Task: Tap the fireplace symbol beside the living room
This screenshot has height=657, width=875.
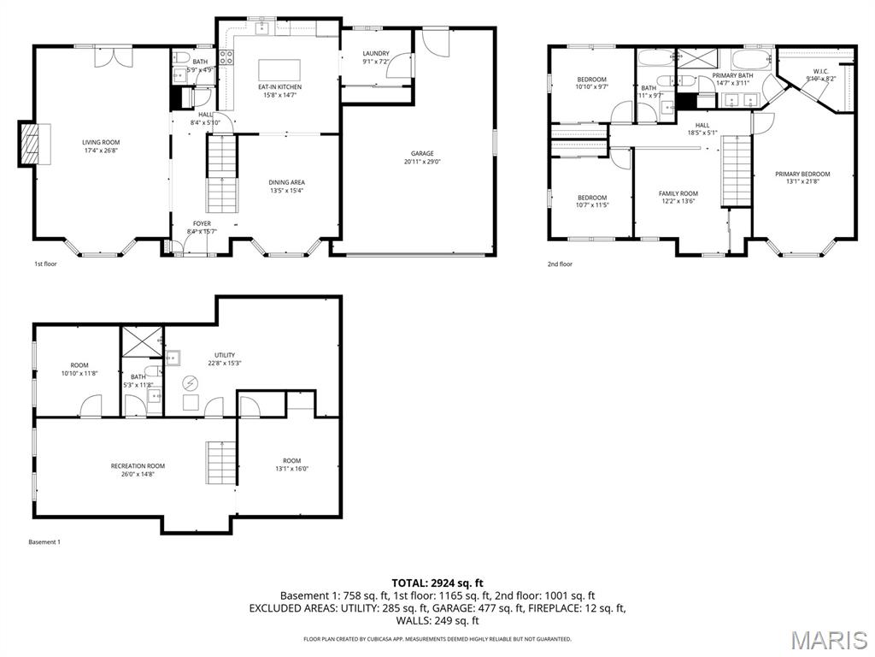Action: [30, 143]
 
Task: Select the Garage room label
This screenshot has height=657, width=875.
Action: [421, 154]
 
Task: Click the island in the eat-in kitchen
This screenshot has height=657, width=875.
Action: [280, 68]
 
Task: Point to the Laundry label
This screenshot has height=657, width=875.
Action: [376, 54]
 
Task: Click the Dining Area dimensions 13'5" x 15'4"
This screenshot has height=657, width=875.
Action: [286, 191]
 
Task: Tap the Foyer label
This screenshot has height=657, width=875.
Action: [202, 223]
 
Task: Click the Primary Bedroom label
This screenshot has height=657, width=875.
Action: [802, 175]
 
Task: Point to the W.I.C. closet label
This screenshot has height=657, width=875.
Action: [820, 71]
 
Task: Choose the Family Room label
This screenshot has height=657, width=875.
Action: [678, 193]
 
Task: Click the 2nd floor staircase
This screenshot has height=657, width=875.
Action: [737, 171]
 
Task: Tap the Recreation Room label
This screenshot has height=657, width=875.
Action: [138, 466]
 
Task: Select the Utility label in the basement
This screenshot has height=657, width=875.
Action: [225, 355]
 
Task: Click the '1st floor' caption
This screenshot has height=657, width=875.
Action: [45, 264]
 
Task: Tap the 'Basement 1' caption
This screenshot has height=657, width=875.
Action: [44, 542]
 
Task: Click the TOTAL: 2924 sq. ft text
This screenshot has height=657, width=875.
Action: [437, 583]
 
